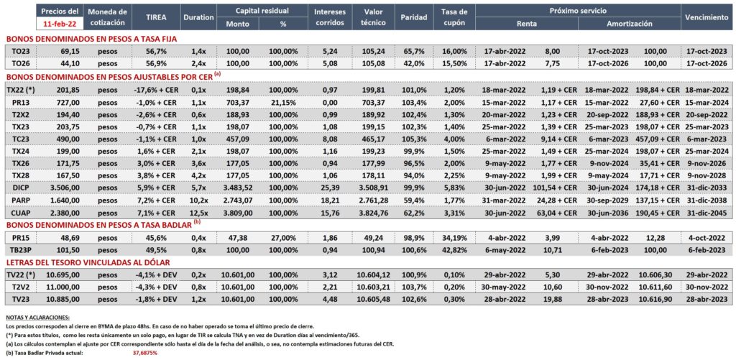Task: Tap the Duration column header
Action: tap(199, 17)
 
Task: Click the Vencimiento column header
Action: tap(706, 17)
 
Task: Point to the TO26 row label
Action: tap(18, 63)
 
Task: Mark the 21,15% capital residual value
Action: tap(282, 101)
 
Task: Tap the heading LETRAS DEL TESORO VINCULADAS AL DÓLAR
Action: tap(87, 262)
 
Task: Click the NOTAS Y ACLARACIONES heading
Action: tap(37, 318)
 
